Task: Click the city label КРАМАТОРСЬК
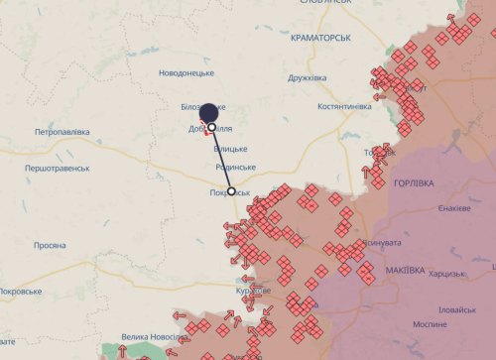click(x=322, y=37)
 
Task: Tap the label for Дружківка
click(x=306, y=77)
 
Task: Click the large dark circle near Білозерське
click(x=208, y=111)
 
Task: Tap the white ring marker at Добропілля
click(x=212, y=127)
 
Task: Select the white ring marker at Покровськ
click(x=232, y=191)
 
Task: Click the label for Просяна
click(x=50, y=245)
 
